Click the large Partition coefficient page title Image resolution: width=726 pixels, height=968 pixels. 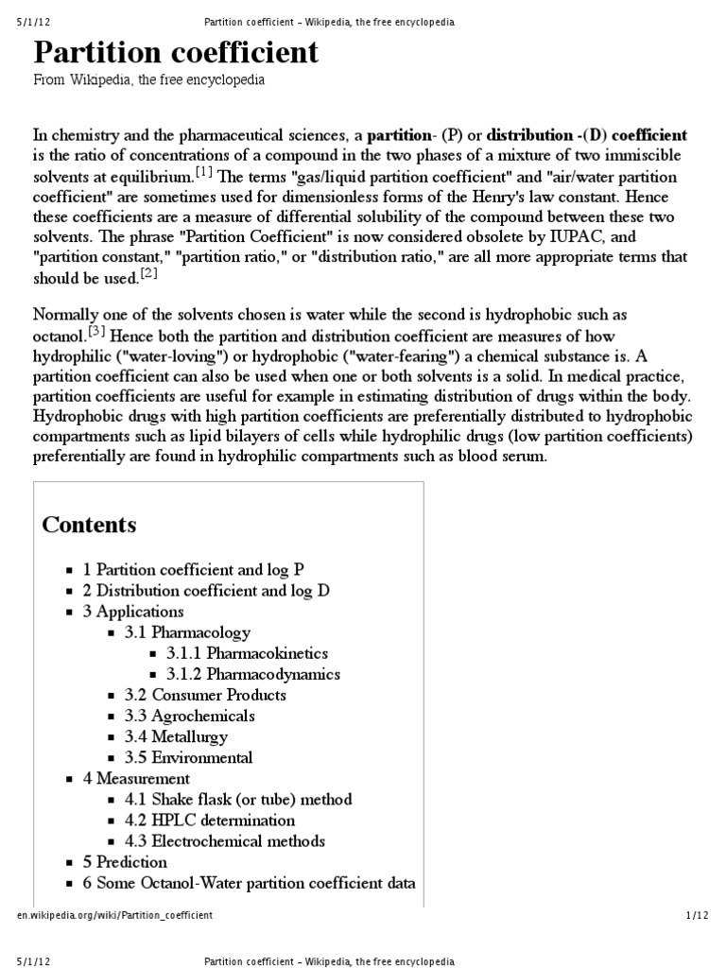point(177,53)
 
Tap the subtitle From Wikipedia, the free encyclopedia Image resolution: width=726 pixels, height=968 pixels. point(149,81)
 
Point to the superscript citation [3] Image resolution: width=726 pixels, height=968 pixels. point(99,330)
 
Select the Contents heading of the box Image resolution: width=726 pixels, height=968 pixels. point(89,525)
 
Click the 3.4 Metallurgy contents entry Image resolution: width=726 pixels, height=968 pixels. point(176,736)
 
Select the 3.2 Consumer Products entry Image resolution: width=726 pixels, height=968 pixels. point(205,695)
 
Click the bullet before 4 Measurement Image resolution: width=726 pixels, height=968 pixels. point(70,779)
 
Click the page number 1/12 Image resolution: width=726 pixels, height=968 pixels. point(696,915)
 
